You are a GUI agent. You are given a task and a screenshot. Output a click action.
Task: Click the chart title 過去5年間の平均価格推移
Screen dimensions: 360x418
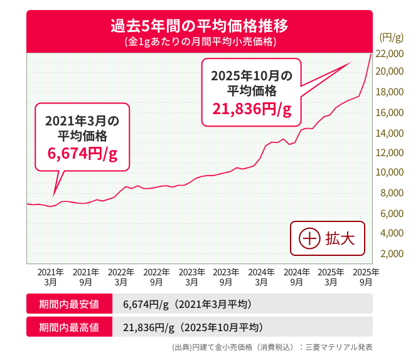click(199, 27)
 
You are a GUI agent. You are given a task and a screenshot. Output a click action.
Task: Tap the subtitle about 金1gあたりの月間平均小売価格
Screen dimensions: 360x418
click(199, 43)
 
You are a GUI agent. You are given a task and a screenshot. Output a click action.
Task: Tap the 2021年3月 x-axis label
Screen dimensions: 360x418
click(50, 277)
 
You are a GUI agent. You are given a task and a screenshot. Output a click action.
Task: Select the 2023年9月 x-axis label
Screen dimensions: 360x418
click(225, 277)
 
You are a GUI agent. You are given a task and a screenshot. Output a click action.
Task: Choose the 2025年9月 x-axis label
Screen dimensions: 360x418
click(366, 277)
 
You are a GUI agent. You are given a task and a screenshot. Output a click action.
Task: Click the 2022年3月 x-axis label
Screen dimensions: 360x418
click(121, 277)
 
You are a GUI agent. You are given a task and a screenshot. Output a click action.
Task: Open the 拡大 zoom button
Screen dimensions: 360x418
click(327, 238)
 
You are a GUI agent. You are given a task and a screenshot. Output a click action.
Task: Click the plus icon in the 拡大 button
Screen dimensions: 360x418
click(309, 239)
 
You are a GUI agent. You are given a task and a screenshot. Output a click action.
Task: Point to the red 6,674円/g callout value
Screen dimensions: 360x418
click(82, 154)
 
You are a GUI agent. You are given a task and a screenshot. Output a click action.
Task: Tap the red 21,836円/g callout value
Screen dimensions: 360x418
click(252, 109)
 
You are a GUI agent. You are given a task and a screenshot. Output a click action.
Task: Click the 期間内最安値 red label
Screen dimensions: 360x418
click(68, 305)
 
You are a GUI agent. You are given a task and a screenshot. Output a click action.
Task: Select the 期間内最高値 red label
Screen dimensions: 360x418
click(68, 327)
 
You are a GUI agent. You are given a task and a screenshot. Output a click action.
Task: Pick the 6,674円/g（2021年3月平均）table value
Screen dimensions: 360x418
click(187, 305)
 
